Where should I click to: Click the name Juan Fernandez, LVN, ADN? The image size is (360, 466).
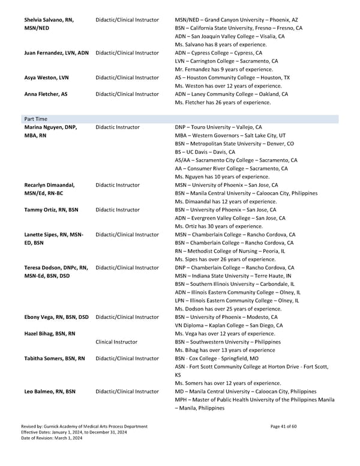pos(56,53)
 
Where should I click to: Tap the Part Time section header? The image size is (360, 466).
pos(36,119)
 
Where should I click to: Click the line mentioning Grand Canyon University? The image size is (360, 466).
pos(232,19)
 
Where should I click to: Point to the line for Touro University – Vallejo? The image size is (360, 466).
pos(218,127)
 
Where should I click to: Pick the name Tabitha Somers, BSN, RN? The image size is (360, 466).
pos(54,359)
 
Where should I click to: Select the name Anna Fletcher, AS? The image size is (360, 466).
pos(46,94)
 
